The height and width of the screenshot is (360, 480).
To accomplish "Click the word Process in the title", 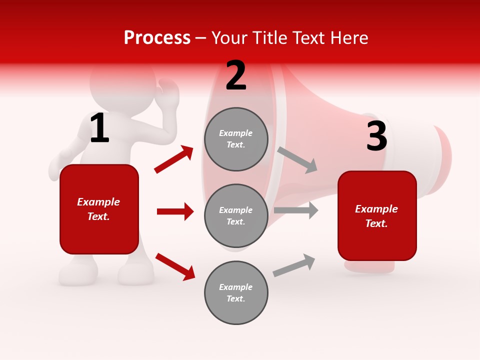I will pyautogui.click(x=157, y=38).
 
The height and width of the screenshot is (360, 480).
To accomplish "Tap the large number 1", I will pyautogui.click(x=99, y=128).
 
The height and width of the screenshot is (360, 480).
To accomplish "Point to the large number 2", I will pyautogui.click(x=236, y=75).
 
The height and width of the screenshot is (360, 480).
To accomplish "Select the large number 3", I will pyautogui.click(x=376, y=136).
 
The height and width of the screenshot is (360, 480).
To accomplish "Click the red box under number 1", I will pyautogui.click(x=99, y=209).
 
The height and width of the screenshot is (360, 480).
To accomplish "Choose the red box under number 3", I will pyautogui.click(x=377, y=216).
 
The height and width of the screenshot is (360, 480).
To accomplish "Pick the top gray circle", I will pyautogui.click(x=236, y=139).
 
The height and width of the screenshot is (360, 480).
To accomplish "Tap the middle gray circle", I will pyautogui.click(x=236, y=215).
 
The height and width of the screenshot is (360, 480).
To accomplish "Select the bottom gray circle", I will pyautogui.click(x=236, y=292).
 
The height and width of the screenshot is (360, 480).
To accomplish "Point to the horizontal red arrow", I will pyautogui.click(x=175, y=211).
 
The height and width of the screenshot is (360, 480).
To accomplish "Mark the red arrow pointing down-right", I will pyautogui.click(x=175, y=266).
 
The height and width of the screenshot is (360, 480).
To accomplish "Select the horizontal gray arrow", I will pyautogui.click(x=296, y=210).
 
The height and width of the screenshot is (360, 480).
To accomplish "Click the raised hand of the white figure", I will pyautogui.click(x=169, y=92).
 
